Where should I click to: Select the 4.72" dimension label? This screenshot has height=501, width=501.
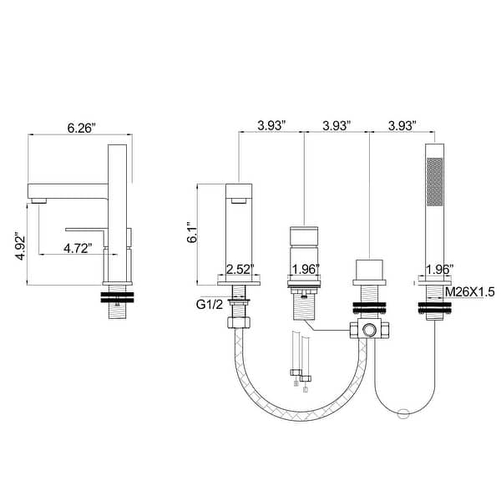coord(83,248)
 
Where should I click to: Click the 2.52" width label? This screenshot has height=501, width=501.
coord(240,270)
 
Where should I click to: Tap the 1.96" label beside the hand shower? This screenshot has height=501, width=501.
coord(438,270)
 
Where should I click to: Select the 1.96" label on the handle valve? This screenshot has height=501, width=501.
coord(305,270)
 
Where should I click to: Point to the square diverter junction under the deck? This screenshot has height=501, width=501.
coord(368,328)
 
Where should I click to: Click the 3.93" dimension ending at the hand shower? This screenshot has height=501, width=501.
coord(402,124)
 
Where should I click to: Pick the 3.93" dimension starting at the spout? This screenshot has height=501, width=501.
coord(271,124)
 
